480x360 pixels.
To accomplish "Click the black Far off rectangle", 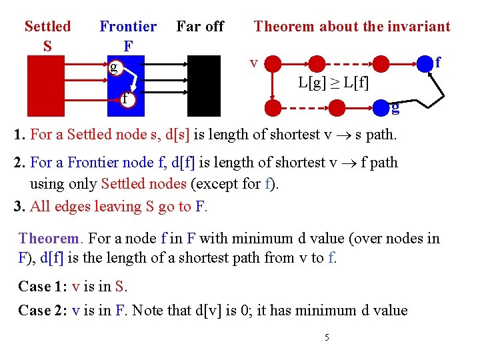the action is coord(203,85).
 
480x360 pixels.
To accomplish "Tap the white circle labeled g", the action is coord(115,67).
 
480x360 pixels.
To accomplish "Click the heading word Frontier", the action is coord(128,27).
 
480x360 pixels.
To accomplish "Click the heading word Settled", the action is coord(47,27).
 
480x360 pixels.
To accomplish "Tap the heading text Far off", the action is coord(200,27).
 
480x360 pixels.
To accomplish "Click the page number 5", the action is coord(327,338).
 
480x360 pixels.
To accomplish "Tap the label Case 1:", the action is coord(43,286).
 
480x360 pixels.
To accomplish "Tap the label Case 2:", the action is coord(43,310).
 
